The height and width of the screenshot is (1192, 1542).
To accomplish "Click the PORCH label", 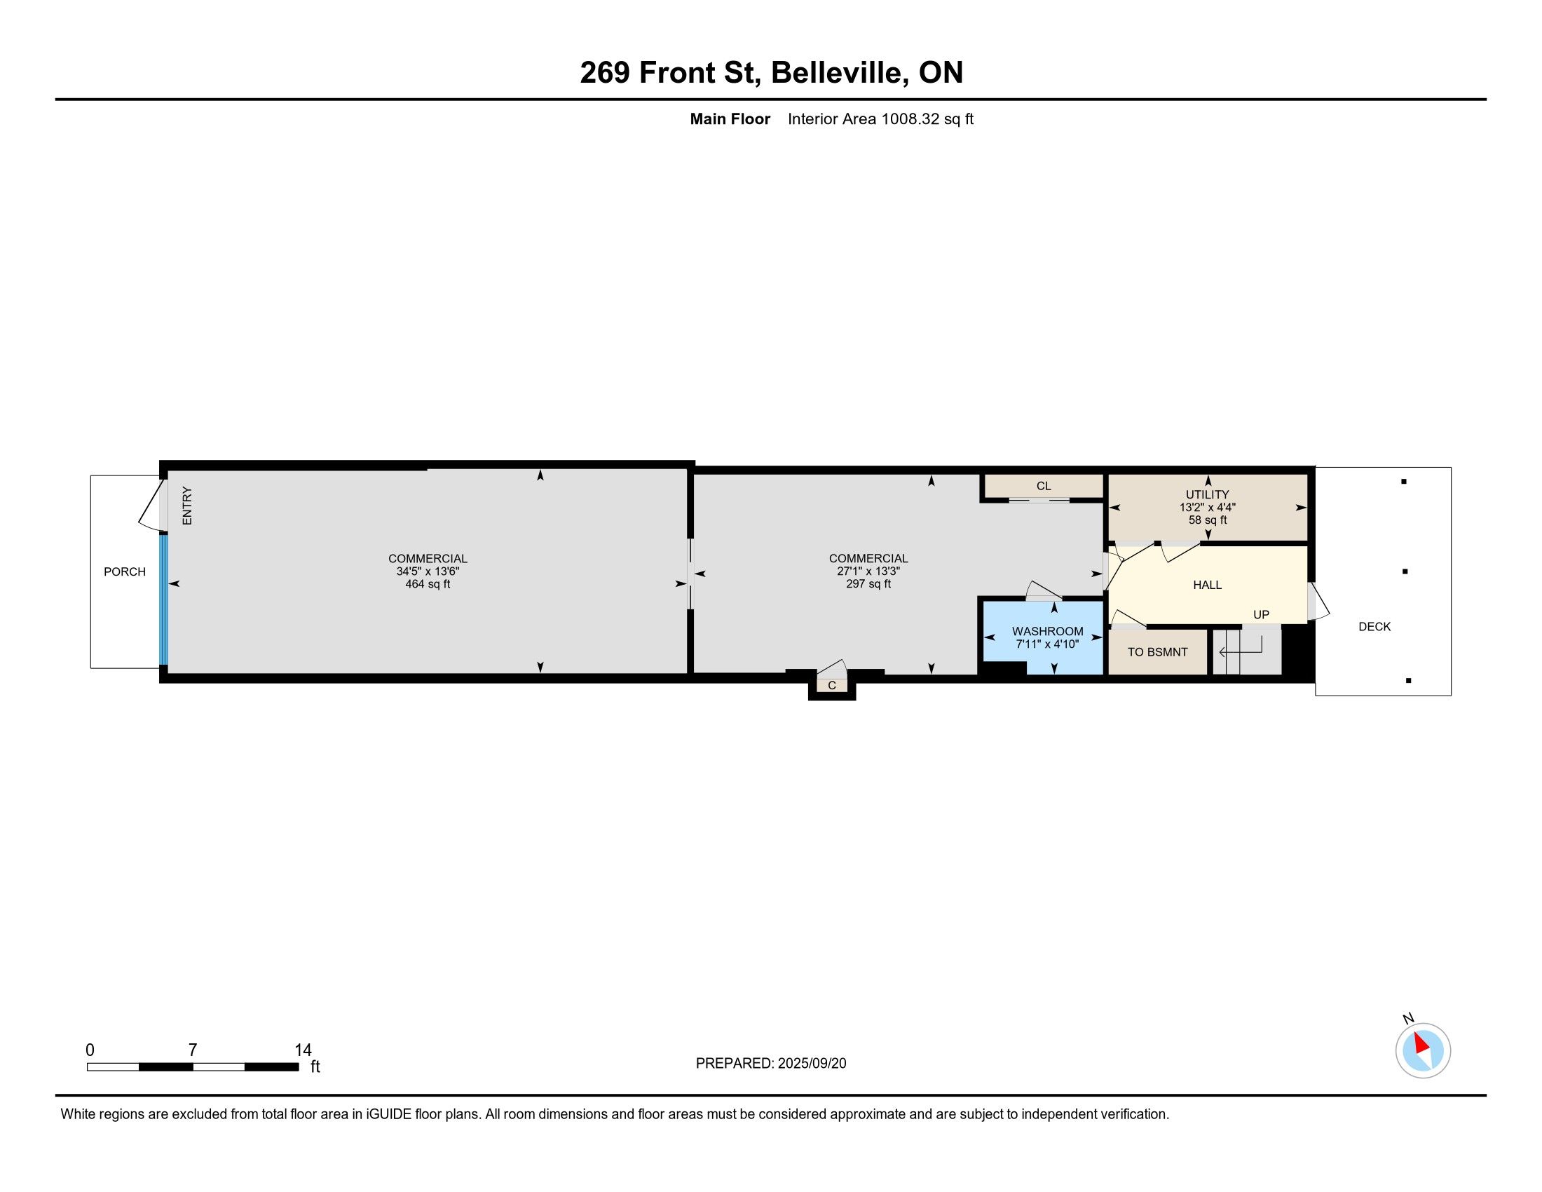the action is [125, 571].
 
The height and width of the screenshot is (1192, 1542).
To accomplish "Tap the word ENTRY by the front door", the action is [187, 506].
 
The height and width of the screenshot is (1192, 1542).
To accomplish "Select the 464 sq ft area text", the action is [428, 584].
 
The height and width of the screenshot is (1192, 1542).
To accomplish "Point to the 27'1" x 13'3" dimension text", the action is [868, 571].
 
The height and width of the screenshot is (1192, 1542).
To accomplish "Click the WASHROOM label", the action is [1048, 631].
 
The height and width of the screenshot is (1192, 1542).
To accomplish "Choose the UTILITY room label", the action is [1208, 494].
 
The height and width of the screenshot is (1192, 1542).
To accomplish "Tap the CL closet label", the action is [1044, 486].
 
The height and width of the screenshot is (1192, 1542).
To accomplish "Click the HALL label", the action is [1208, 585].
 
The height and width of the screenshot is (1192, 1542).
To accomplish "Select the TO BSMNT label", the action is [1157, 652].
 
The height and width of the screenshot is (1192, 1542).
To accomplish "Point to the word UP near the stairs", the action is [1261, 614].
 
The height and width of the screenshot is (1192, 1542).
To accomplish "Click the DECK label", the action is [1374, 626].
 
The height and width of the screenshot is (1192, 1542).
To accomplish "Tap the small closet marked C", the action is [832, 685].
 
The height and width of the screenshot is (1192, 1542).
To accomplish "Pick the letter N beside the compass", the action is [1408, 1018].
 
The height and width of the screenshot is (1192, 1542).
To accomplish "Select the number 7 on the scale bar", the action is [193, 1050].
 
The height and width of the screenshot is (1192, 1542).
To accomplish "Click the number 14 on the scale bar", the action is [303, 1050].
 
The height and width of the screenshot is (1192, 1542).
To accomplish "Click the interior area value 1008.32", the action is [910, 118].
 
